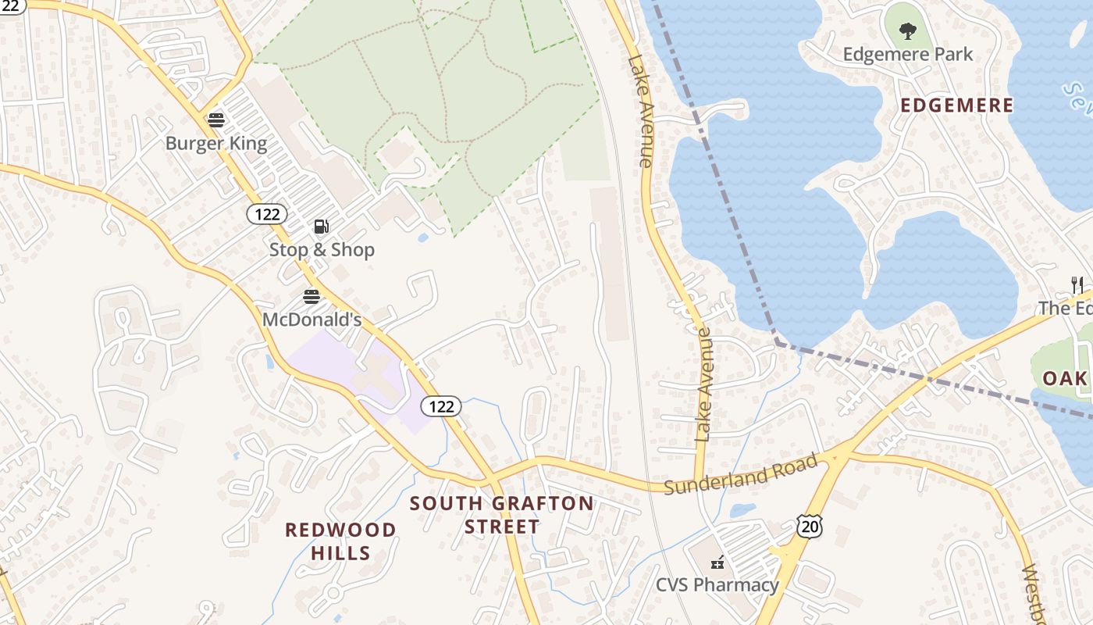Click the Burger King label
[216, 144]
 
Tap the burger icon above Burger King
[216, 120]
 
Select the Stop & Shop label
[322, 250]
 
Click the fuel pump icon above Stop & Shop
[321, 227]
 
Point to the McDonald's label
[312, 320]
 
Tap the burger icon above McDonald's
[312, 297]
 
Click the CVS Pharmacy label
[717, 584]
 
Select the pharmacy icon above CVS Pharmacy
[717, 562]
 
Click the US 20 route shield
[810, 526]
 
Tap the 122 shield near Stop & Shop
[267, 214]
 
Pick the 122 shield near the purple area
[441, 406]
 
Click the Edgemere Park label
[908, 55]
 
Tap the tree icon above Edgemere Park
[907, 31]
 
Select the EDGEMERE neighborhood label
[957, 105]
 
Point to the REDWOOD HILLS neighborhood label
[340, 541]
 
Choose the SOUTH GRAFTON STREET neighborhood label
[502, 515]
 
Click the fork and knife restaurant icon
[1077, 284]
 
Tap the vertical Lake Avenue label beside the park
[639, 110]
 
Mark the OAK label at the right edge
[1065, 379]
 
